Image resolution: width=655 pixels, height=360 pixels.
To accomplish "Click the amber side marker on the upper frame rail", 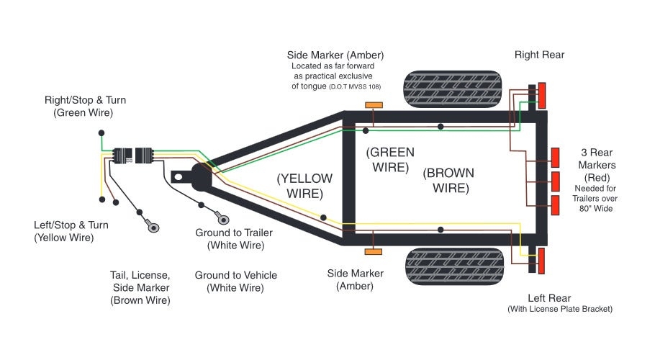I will (x=374, y=106).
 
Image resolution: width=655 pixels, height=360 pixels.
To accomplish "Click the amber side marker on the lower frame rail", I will (x=374, y=251).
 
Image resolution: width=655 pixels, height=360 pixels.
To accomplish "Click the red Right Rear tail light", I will (x=542, y=96).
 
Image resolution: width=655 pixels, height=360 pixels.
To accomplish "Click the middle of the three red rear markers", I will (x=555, y=180).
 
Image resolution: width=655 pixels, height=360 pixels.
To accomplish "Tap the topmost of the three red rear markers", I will (x=555, y=156).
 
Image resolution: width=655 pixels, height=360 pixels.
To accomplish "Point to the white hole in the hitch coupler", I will (x=179, y=175).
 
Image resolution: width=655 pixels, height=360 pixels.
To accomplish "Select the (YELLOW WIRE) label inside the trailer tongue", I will (x=305, y=186).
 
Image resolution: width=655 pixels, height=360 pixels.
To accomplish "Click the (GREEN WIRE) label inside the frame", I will (x=390, y=159).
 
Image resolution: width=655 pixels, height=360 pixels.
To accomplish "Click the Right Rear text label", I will (x=539, y=55).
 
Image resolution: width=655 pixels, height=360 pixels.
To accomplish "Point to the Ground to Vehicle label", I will (x=235, y=282).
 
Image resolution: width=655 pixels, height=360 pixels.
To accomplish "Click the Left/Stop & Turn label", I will (x=63, y=230).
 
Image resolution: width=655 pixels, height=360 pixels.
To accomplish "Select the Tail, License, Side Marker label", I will (x=140, y=287).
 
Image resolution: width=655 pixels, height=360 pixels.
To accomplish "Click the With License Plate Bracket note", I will (x=559, y=310).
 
